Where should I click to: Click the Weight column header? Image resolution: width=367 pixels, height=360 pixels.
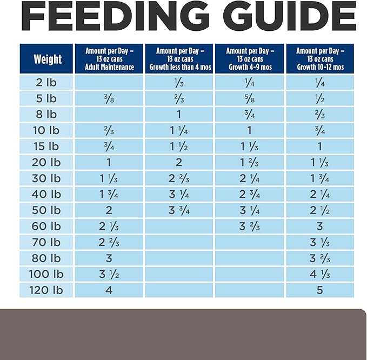pyautogui.click(x=48, y=59)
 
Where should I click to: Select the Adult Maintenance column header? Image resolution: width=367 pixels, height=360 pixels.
pyautogui.click(x=109, y=59)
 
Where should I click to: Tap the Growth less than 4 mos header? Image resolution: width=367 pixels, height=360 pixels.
pyautogui.click(x=180, y=59)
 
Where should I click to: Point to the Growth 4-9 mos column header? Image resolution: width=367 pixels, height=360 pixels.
pyautogui.click(x=250, y=59)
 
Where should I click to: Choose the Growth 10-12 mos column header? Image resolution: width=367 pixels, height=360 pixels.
pyautogui.click(x=320, y=59)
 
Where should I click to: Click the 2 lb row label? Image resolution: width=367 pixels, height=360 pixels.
pyautogui.click(x=46, y=83)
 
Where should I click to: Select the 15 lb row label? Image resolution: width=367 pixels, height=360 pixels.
pyautogui.click(x=46, y=146)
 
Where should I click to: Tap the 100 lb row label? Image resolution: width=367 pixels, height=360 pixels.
pyautogui.click(x=46, y=274)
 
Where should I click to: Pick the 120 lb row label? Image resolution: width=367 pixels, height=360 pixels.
pyautogui.click(x=46, y=290)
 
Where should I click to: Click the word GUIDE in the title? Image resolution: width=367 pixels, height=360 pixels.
pyautogui.click(x=290, y=16)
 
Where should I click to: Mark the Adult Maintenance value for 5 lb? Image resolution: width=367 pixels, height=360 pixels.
pyautogui.click(x=109, y=99)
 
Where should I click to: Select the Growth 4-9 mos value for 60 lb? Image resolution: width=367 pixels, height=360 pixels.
pyautogui.click(x=250, y=226)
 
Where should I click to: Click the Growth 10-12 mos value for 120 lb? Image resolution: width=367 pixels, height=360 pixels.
pyautogui.click(x=320, y=290)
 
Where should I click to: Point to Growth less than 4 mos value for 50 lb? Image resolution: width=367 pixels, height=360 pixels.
pyautogui.click(x=179, y=210)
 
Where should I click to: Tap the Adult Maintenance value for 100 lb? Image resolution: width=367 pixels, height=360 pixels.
pyautogui.click(x=109, y=274)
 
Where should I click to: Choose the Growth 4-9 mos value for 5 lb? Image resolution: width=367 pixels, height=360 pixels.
pyautogui.click(x=250, y=99)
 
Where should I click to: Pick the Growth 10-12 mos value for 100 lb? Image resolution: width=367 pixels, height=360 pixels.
pyautogui.click(x=320, y=274)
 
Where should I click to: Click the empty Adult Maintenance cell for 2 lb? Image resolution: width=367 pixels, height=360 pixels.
pyautogui.click(x=109, y=83)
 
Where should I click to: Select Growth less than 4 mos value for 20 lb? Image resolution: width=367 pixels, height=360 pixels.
pyautogui.click(x=179, y=163)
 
